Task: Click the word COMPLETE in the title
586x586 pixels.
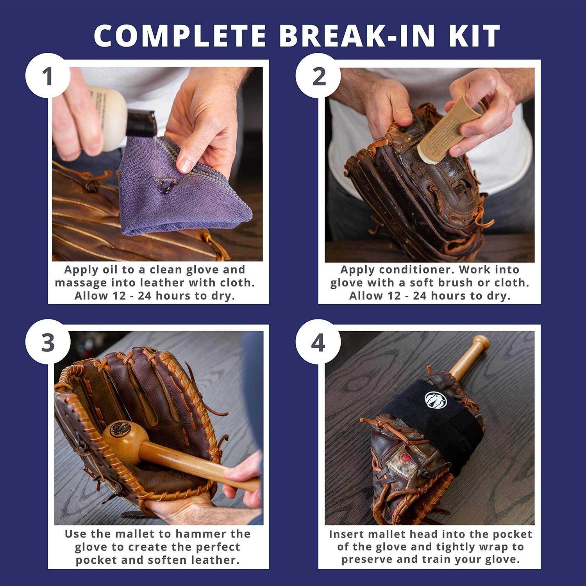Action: coord(180,36)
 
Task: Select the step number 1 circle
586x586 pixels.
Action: coord(48,76)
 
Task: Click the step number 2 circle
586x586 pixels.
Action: coord(318,76)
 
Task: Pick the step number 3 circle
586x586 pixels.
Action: coord(48,342)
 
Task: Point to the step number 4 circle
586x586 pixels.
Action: coord(318,342)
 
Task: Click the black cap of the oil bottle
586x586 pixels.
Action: coord(143,122)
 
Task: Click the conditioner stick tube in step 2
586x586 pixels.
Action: coord(441,129)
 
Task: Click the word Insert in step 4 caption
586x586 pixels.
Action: coord(346,534)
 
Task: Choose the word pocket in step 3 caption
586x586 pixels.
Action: coord(96,560)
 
